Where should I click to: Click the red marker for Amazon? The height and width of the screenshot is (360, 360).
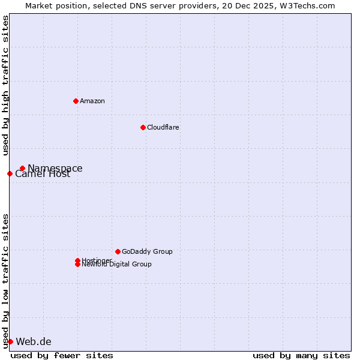pyautogui.click(x=76, y=101)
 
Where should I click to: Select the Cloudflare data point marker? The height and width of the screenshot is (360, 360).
pyautogui.click(x=143, y=127)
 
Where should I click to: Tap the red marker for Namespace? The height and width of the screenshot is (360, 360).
pyautogui.click(x=22, y=169)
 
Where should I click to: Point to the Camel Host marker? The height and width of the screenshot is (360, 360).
pyautogui.click(x=10, y=174)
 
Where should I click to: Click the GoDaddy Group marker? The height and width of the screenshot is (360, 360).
pyautogui.click(x=118, y=251)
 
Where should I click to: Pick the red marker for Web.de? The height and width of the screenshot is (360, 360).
pyautogui.click(x=10, y=342)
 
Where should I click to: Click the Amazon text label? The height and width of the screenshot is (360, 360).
pyautogui.click(x=92, y=101)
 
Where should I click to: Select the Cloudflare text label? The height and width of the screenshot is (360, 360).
pyautogui.click(x=163, y=127)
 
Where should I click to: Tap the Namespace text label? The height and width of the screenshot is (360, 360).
pyautogui.click(x=55, y=169)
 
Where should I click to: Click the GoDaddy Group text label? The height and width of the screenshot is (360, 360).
pyautogui.click(x=147, y=251)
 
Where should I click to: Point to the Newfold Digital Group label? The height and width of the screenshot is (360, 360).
pyautogui.click(x=117, y=265)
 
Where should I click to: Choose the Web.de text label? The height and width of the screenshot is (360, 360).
pyautogui.click(x=34, y=342)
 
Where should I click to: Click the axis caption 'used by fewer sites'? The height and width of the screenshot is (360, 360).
pyautogui.click(x=62, y=356)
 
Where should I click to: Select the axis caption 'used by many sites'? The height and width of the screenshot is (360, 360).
pyautogui.click(x=301, y=356)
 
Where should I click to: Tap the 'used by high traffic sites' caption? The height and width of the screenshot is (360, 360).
pyautogui.click(x=5, y=85)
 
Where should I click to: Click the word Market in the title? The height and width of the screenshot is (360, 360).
pyautogui.click(x=38, y=5)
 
